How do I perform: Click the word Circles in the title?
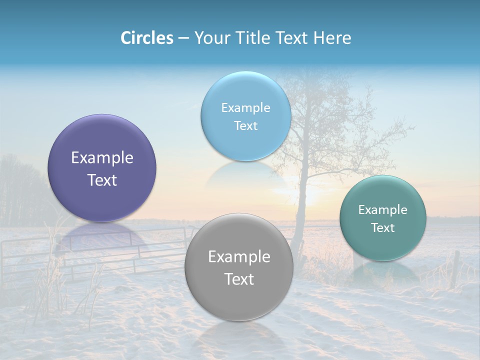[146, 38]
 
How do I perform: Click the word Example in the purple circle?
[102, 157]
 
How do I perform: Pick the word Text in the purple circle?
[102, 180]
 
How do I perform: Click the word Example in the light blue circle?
[245, 107]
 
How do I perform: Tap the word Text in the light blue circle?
[245, 125]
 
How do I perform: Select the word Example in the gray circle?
[239, 256]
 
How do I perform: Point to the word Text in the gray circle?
[239, 279]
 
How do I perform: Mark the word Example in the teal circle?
[382, 209]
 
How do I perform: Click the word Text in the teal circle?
[382, 227]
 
